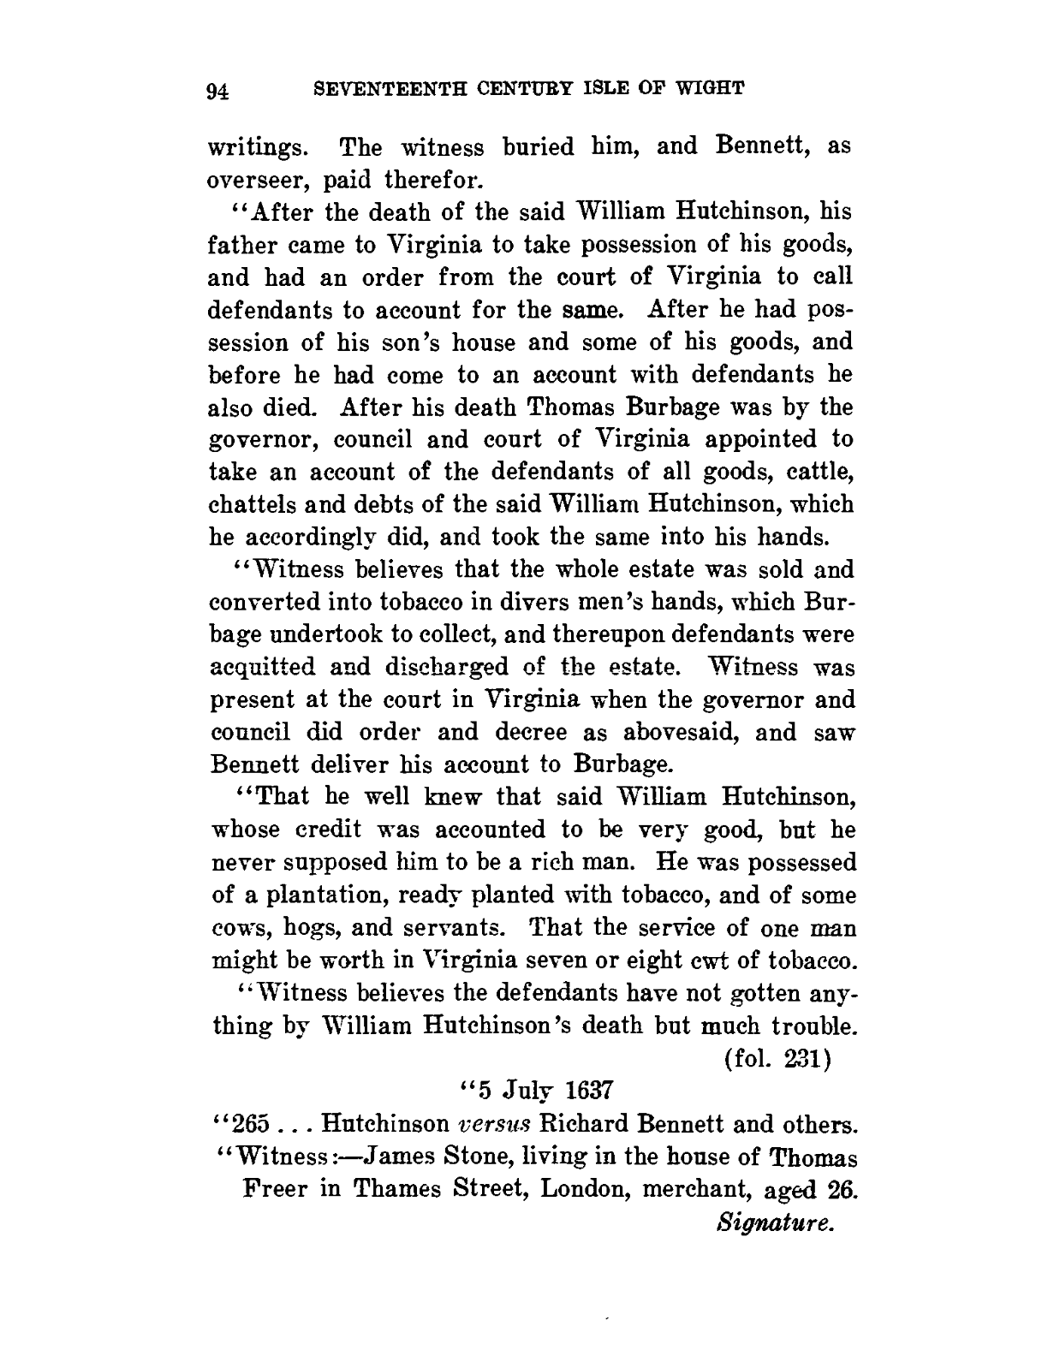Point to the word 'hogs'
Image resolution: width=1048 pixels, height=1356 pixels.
click(303, 929)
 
